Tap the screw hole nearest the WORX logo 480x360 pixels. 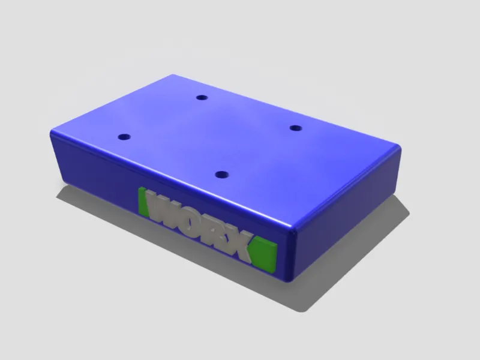[222, 175]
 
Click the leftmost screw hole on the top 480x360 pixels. [124, 137]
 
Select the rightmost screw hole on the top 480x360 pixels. [296, 128]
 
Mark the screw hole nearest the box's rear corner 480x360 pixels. [202, 98]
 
